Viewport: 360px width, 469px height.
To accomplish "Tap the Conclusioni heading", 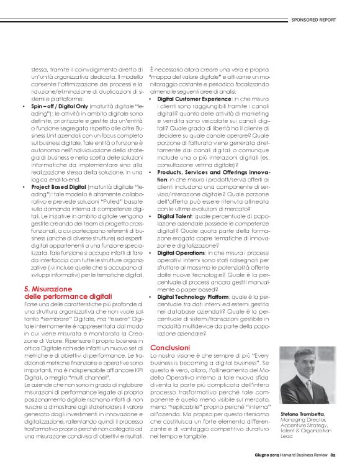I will click(x=171, y=347).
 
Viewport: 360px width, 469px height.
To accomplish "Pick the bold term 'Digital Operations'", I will click(x=182, y=253).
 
